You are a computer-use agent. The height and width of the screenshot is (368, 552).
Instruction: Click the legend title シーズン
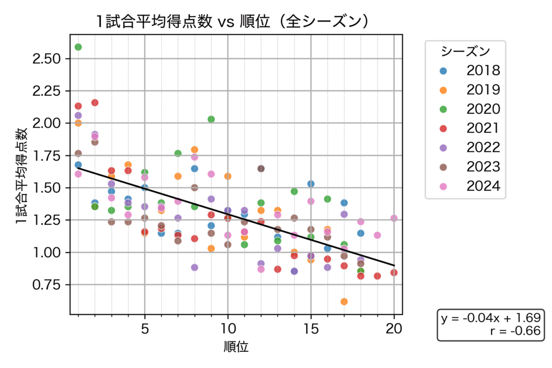pos(465,52)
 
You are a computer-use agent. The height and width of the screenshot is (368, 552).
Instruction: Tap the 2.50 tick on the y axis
pos(47,59)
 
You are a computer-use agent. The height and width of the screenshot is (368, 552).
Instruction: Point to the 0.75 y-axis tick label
pos(47,285)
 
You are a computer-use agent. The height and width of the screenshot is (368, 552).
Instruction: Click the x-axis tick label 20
pos(394,328)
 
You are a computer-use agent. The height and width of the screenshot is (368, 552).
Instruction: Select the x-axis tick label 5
pos(144,328)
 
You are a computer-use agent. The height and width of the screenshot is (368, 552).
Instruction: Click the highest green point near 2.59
pos(78,47)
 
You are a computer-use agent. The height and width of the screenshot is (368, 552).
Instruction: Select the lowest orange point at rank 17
pos(344,302)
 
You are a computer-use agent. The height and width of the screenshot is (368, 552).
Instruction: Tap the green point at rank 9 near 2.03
pos(211,119)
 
